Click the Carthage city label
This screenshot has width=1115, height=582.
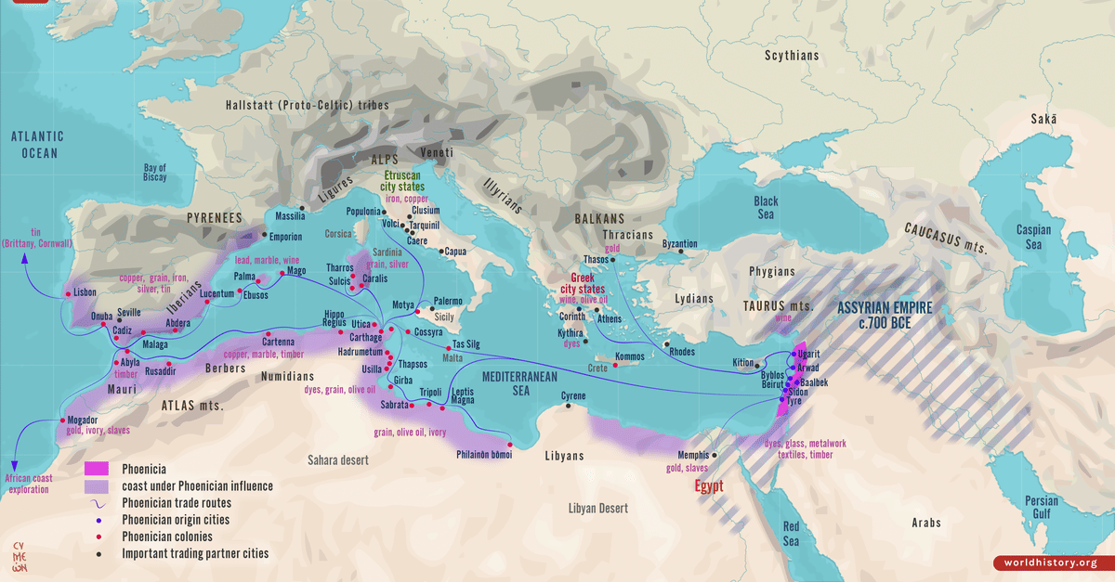click(366, 338)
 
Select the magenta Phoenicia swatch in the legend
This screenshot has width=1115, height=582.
click(97, 469)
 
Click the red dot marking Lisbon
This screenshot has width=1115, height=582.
click(68, 295)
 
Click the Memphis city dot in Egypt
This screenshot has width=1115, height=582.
click(715, 455)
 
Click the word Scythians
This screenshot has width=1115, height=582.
click(792, 56)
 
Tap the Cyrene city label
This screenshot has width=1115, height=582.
click(573, 397)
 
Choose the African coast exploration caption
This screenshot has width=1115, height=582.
click(27, 484)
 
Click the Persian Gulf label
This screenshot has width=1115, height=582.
click(1041, 508)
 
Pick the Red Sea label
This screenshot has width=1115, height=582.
click(791, 535)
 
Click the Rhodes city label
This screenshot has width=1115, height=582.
click(681, 351)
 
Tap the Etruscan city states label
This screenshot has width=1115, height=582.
click(401, 181)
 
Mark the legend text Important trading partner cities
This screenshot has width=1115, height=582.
click(195, 553)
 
